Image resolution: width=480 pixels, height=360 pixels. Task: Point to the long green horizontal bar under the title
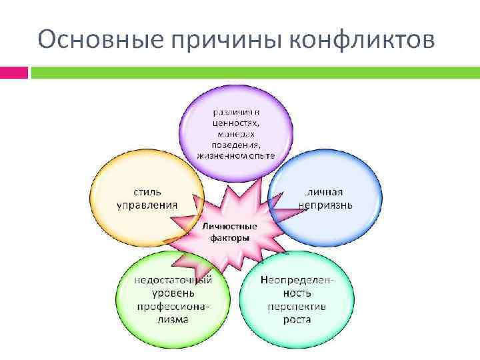(253, 72)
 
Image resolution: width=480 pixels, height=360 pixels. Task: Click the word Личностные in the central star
(229, 226)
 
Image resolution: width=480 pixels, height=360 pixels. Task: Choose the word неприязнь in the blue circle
(333, 204)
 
